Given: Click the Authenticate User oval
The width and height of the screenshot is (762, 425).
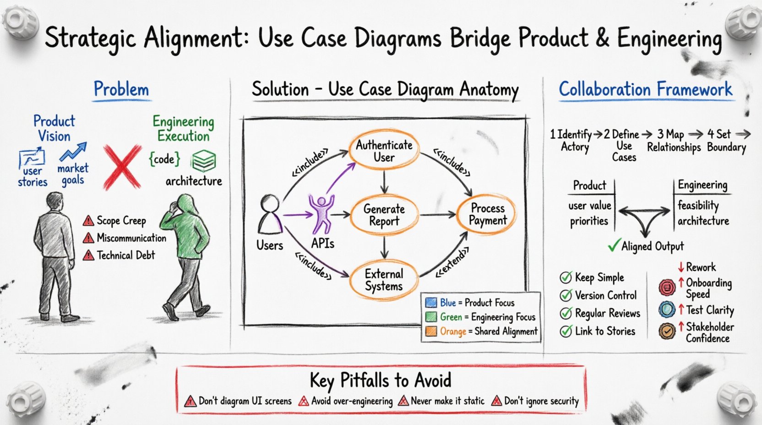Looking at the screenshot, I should tap(384, 151).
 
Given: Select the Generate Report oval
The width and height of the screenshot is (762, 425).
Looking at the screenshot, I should tap(384, 215).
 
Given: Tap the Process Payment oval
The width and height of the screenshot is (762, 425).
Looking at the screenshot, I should tap(487, 214).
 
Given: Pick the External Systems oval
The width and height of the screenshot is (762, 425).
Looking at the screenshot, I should tap(384, 280).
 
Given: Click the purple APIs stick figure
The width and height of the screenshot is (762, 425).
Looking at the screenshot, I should tap(321, 213).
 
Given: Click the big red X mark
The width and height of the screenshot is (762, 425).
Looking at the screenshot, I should tap(121, 167).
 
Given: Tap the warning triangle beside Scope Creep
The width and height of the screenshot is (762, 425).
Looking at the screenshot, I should tap(88, 221).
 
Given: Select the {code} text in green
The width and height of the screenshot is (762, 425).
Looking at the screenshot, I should tap(164, 159).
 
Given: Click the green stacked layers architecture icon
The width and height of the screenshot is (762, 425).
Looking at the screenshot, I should tap(203, 161).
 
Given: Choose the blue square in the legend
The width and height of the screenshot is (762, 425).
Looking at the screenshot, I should tap(431, 303).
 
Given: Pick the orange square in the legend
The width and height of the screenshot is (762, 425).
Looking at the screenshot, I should tap(431, 331).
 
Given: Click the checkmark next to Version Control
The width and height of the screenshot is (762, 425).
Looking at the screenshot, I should tap(566, 295).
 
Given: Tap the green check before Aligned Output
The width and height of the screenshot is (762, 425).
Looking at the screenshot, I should tap(614, 245).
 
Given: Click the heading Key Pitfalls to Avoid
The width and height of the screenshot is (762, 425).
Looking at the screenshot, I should tap(380, 380).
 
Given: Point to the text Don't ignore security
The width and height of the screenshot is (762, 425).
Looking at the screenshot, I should tap(541, 401).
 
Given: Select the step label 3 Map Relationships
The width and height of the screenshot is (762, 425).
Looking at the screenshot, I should tap(673, 141).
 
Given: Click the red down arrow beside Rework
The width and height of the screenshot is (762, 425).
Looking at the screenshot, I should tap(681, 267).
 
